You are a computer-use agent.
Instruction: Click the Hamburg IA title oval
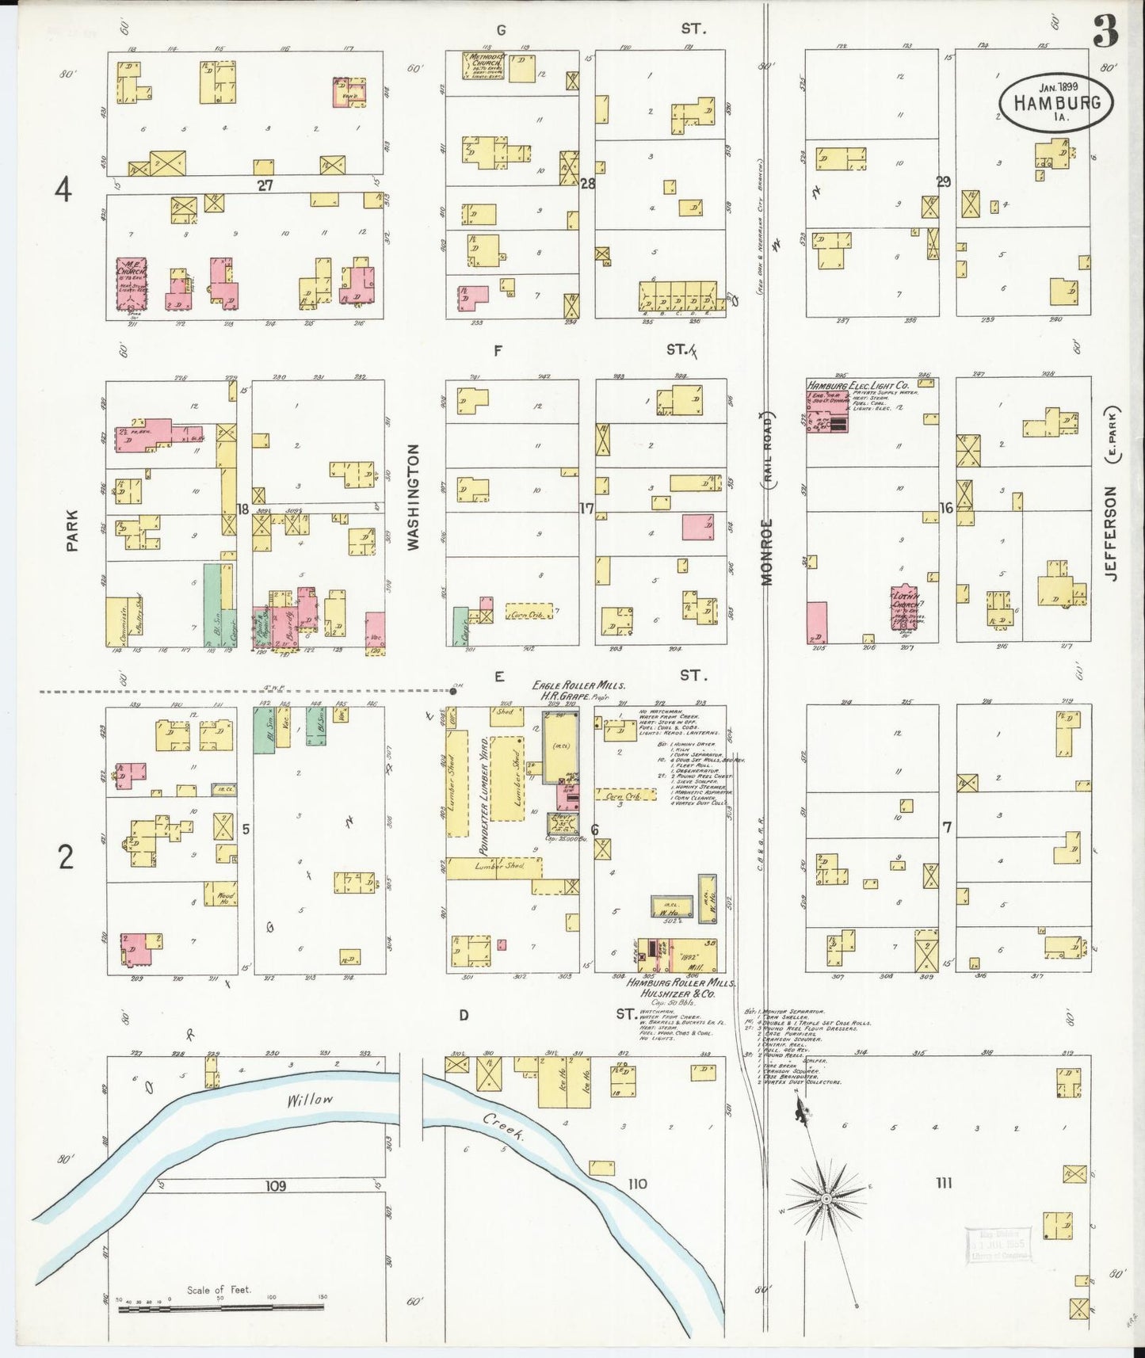click(x=1055, y=102)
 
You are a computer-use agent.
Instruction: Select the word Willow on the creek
click(x=310, y=1100)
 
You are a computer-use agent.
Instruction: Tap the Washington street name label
click(x=412, y=497)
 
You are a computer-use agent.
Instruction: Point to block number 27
click(x=265, y=185)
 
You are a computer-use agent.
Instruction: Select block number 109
click(x=275, y=1186)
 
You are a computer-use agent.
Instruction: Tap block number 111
click(x=943, y=1183)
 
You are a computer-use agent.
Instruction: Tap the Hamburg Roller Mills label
click(x=679, y=982)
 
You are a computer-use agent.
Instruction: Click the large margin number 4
click(x=63, y=189)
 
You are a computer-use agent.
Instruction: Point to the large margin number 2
click(x=67, y=857)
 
